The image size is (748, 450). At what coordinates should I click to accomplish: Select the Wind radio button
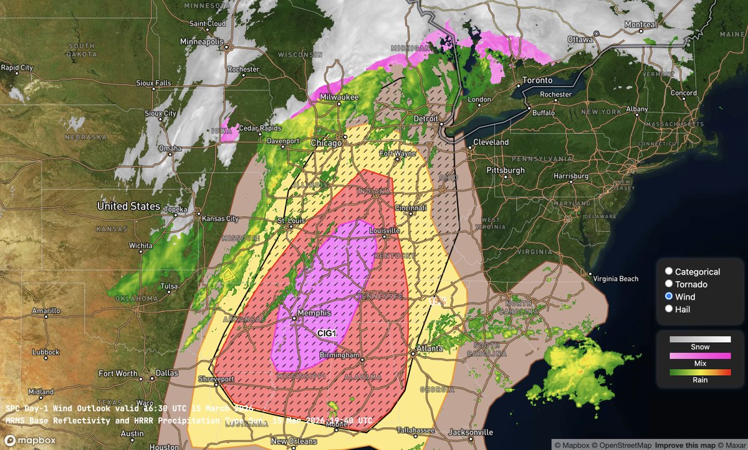coord(669,297)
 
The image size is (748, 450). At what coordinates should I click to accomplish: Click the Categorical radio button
coord(669,272)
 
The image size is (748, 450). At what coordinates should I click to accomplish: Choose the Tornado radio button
coord(669,284)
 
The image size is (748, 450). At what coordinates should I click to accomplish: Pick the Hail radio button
coord(669,309)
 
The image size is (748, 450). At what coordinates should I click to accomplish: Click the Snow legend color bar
coord(699,339)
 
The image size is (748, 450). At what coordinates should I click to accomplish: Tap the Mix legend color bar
coord(699,355)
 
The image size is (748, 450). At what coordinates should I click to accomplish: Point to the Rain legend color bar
coord(699,372)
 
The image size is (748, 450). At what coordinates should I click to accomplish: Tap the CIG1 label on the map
coord(327,334)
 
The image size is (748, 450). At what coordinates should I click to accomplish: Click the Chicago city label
coord(327,143)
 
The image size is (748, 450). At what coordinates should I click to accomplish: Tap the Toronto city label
coord(537,80)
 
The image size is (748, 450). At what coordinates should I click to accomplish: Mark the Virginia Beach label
coord(615,279)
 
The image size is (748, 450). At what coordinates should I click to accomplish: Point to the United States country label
coord(128,206)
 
